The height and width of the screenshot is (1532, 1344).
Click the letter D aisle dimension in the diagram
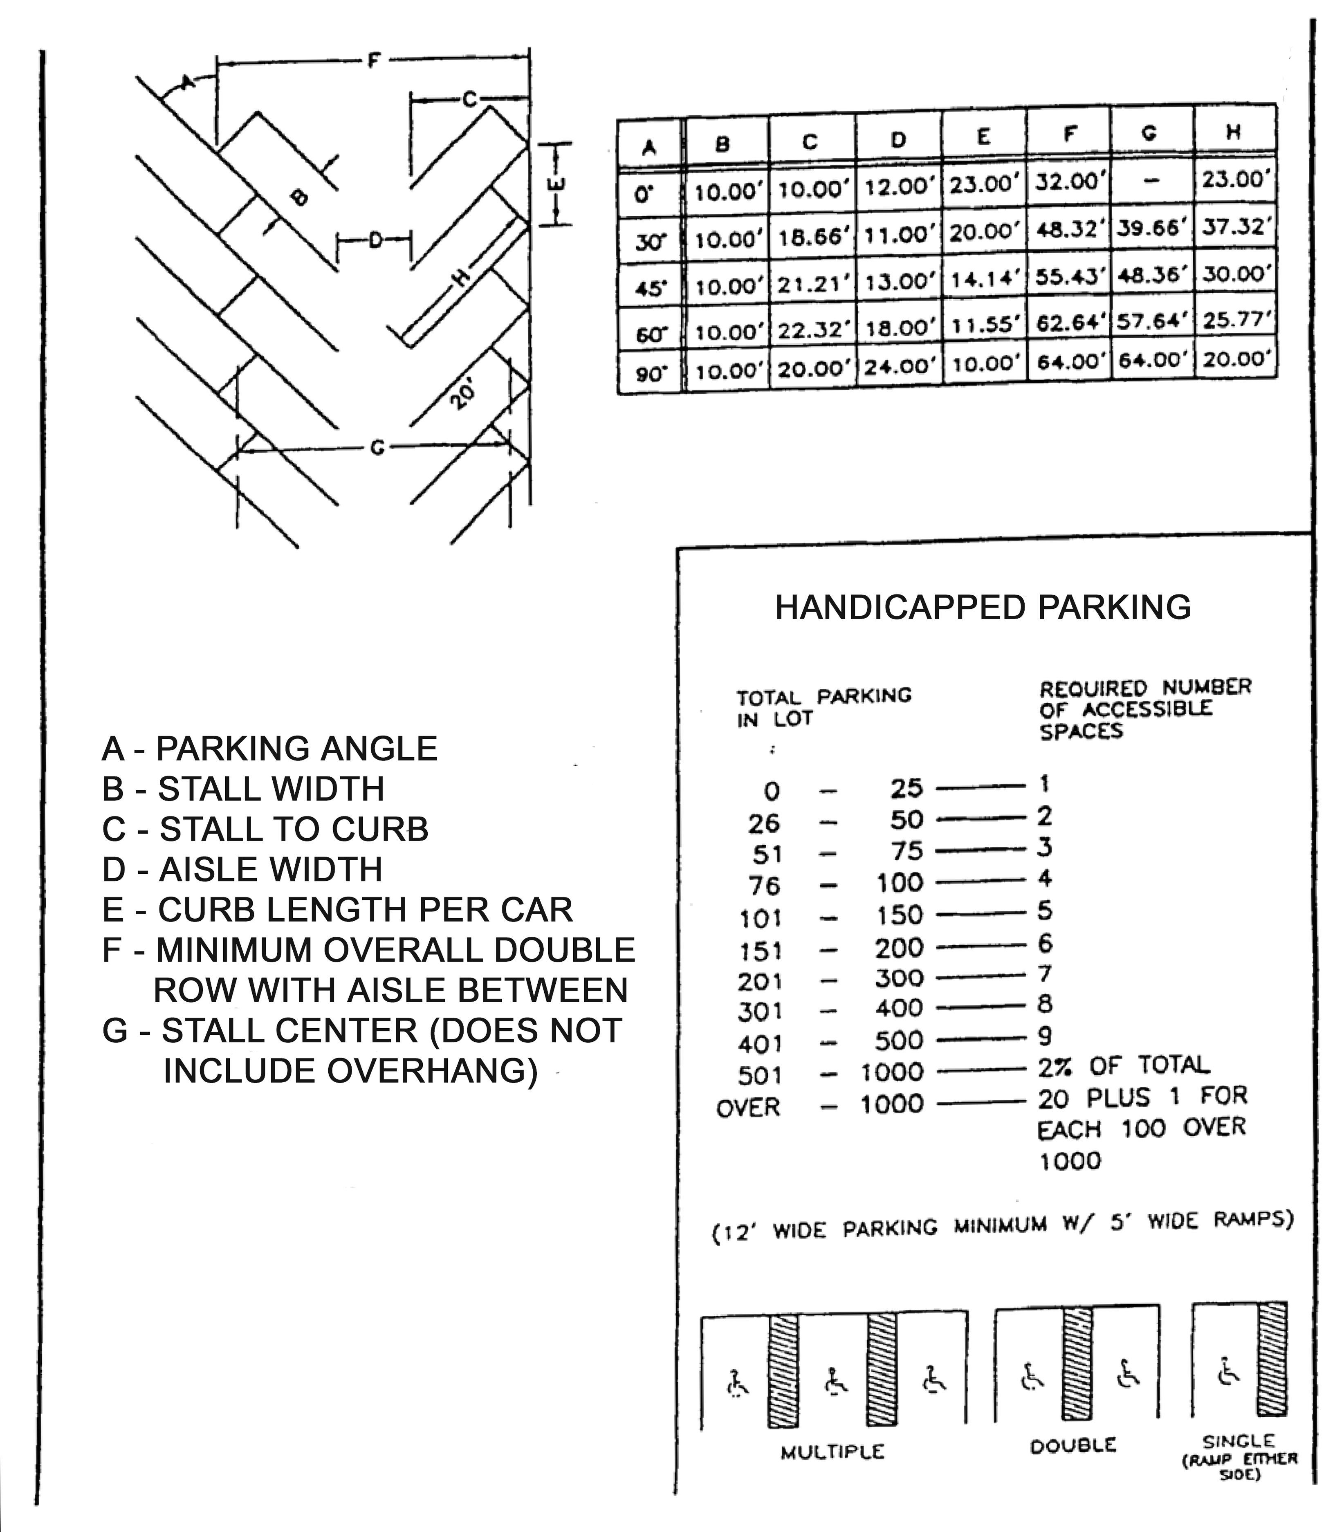[x=375, y=240]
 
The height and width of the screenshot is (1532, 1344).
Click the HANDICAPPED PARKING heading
[x=983, y=607]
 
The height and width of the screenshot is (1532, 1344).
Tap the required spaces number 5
[x=1045, y=911]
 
